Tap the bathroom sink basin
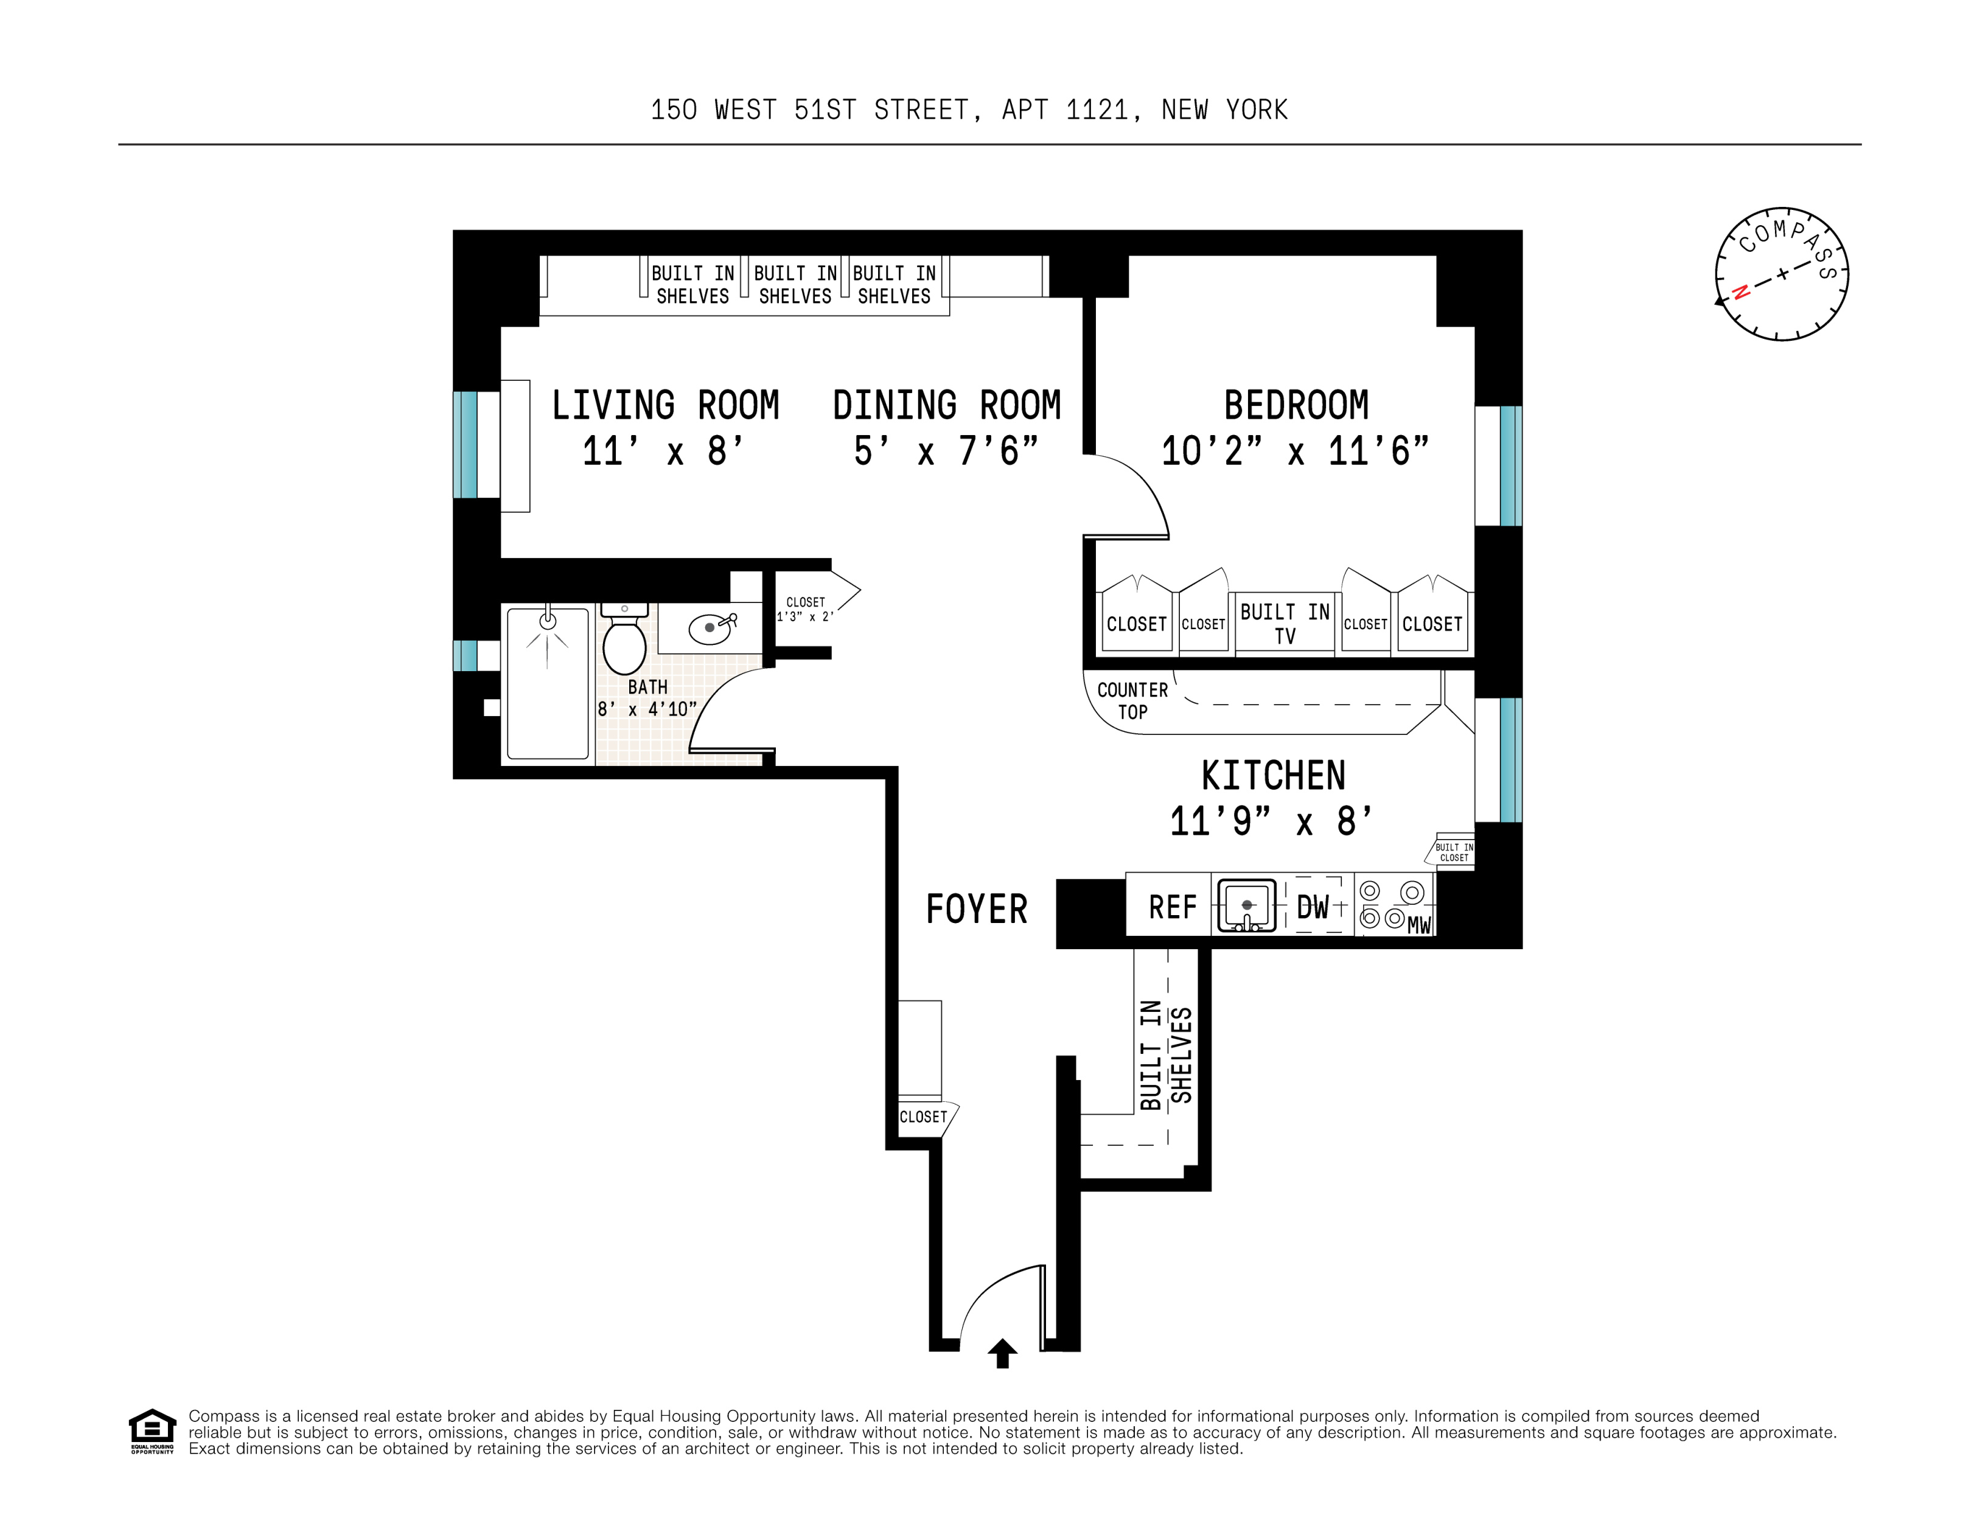pyautogui.click(x=710, y=627)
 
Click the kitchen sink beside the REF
pyautogui.click(x=1246, y=905)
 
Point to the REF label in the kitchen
pyautogui.click(x=1172, y=907)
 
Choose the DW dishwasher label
pyautogui.click(x=1313, y=907)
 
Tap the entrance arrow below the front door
pyautogui.click(x=1002, y=1353)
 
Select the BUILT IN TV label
pyautogui.click(x=1285, y=624)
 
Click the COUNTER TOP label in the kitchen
pyautogui.click(x=1132, y=700)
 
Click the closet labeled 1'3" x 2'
pyautogui.click(x=805, y=609)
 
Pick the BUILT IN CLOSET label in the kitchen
pyautogui.click(x=1454, y=852)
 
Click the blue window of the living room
pyautogui.click(x=464, y=445)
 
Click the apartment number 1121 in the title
pyautogui.click(x=1097, y=110)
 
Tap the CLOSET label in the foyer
pyautogui.click(x=923, y=1117)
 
